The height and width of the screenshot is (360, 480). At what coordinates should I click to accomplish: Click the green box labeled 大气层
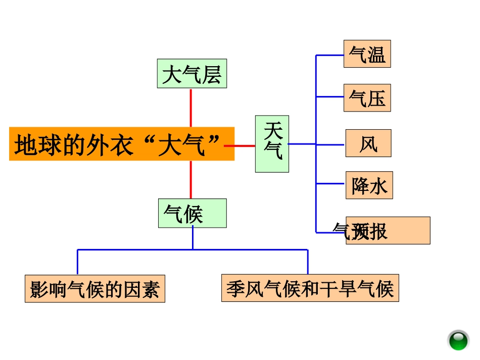coord(191,74)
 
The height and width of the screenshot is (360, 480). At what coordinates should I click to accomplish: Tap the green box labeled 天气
coord(272,144)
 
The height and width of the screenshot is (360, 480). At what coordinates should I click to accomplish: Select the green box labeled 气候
coord(192,213)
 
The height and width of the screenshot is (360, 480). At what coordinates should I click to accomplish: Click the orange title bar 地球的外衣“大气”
coord(121,144)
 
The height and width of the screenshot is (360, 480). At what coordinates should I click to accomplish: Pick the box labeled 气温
coord(367,54)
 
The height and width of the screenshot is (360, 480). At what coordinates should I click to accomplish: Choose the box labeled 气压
coord(367,98)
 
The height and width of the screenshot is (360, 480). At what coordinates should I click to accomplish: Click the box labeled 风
coord(368,143)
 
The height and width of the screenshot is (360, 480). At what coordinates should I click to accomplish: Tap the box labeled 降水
coord(369,185)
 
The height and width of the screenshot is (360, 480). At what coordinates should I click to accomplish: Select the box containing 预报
coord(388,231)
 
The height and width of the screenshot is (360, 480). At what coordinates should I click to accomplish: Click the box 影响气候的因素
coord(95,288)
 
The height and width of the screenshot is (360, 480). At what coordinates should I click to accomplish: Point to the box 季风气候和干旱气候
coord(310,288)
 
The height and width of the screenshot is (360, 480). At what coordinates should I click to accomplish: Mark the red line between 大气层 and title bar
coord(190,108)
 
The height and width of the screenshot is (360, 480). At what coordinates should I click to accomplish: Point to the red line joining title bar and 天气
coord(245,145)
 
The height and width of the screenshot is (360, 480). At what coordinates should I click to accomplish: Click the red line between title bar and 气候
coord(190,179)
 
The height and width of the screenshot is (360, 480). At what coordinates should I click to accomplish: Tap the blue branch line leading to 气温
coord(329,55)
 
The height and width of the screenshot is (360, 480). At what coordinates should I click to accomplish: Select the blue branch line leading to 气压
coord(329,96)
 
